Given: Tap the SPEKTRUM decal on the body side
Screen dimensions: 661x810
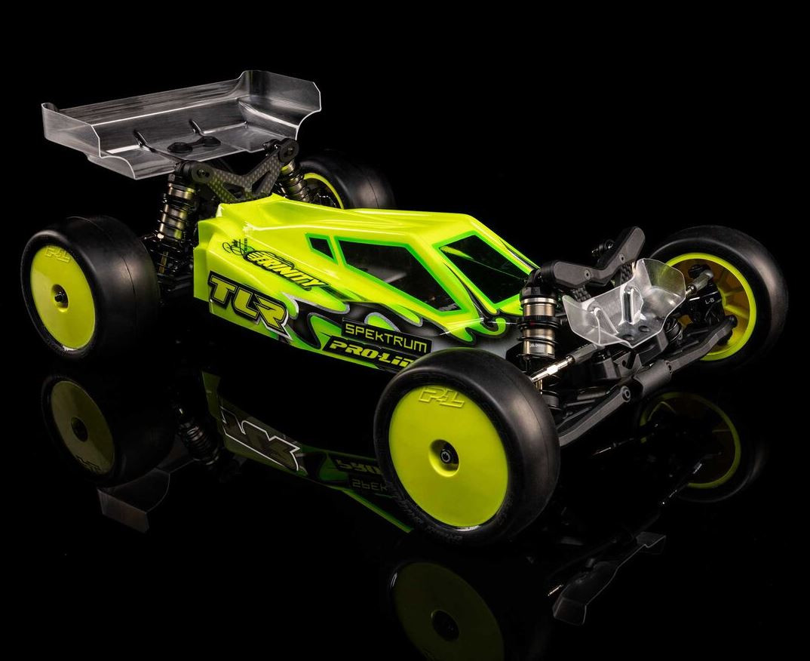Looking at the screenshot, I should [x=387, y=336].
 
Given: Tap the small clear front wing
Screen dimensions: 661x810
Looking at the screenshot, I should [x=618, y=302].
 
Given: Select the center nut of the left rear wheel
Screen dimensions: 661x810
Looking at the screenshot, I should [x=60, y=297].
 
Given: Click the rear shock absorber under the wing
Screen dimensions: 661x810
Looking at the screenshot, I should [x=167, y=219].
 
